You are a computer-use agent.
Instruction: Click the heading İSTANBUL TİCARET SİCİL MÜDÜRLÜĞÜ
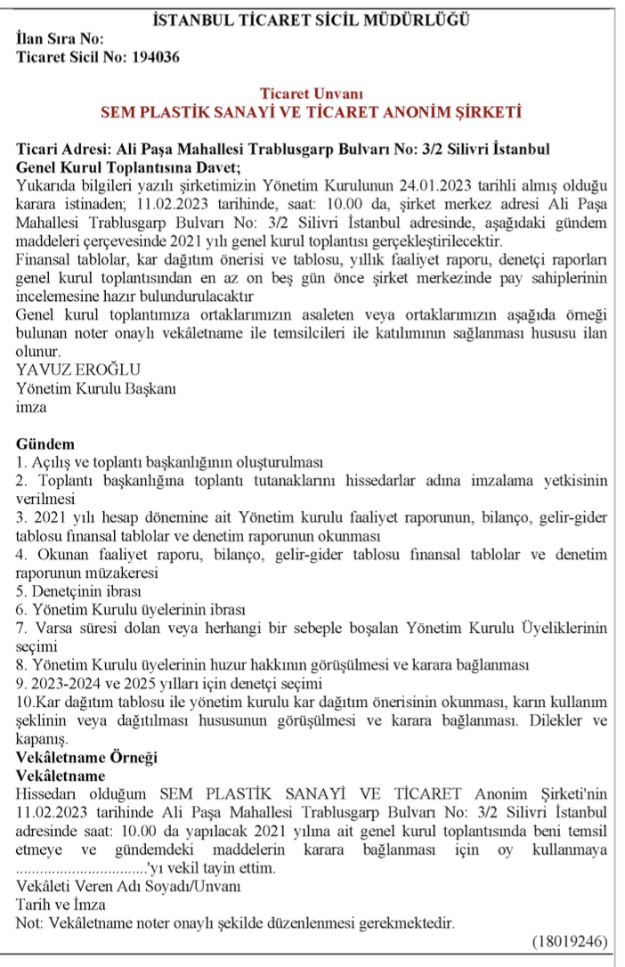[312, 19]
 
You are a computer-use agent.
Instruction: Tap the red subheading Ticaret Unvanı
[312, 94]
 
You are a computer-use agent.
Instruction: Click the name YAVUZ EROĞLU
[78, 370]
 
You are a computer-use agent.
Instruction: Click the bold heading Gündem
[45, 444]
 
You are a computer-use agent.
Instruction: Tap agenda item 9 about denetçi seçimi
[168, 684]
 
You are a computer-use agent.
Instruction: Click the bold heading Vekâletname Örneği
[86, 758]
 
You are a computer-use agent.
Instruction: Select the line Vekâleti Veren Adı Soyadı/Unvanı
[127, 887]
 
